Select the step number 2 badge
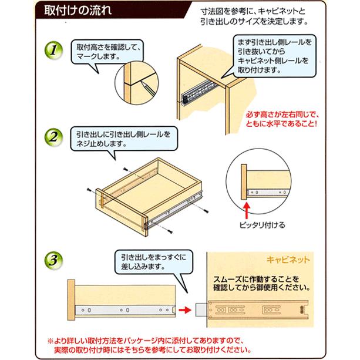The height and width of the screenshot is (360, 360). [52, 139]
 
